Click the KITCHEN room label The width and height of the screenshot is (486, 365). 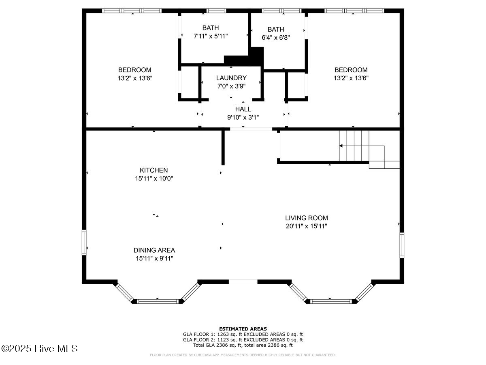click(x=153, y=170)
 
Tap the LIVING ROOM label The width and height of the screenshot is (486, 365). click(x=306, y=218)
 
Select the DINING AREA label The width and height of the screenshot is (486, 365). click(x=154, y=250)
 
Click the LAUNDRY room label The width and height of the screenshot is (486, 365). click(x=231, y=78)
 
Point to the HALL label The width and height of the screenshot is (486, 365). click(x=243, y=109)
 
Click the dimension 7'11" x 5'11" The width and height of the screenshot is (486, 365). click(x=211, y=36)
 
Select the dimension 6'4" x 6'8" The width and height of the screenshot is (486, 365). click(x=275, y=37)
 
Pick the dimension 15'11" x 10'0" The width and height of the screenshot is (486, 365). click(x=153, y=178)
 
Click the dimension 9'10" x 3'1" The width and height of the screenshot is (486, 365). click(x=243, y=117)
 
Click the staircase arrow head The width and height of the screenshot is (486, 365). click(x=341, y=146)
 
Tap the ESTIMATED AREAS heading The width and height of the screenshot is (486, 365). click(x=243, y=328)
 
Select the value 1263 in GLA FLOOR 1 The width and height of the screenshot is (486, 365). click(x=223, y=334)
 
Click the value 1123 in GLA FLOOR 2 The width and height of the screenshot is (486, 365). click(x=223, y=340)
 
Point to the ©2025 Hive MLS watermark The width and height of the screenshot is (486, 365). click(x=39, y=348)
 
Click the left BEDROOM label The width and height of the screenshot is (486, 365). click(x=135, y=70)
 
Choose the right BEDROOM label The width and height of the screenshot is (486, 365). click(x=351, y=70)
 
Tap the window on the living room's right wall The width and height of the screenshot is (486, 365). click(x=402, y=245)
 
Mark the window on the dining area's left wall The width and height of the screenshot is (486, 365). click(x=84, y=243)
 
